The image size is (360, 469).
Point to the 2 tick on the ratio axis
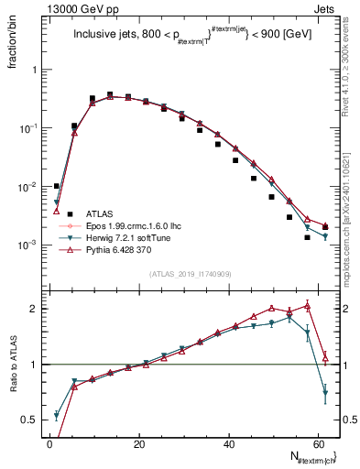[37, 309]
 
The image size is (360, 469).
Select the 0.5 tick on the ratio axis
[33, 420]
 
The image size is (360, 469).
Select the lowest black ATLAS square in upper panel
[308, 237]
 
